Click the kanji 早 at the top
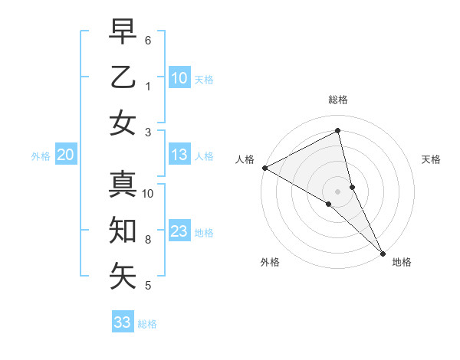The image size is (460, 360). (x=123, y=32)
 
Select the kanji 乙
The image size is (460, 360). (x=123, y=78)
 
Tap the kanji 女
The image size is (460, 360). (x=123, y=124)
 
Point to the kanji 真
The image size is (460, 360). (x=123, y=185)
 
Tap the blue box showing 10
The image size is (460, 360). (x=179, y=77)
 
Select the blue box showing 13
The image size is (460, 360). (x=179, y=155)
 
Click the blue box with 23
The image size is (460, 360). (x=179, y=231)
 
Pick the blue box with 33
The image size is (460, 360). (x=123, y=322)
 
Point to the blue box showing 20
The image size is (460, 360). (x=65, y=155)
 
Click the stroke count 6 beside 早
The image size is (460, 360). (x=148, y=40)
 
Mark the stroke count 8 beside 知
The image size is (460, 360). (x=148, y=240)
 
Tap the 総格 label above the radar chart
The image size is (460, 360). (x=338, y=100)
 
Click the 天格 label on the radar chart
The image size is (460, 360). (x=431, y=159)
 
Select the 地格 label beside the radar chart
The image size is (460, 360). (x=402, y=262)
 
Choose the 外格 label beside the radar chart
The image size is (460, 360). (x=270, y=262)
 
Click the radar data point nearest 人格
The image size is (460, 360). (x=264, y=168)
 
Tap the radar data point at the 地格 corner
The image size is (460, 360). (x=383, y=252)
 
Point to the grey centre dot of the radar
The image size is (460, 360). (x=338, y=191)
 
